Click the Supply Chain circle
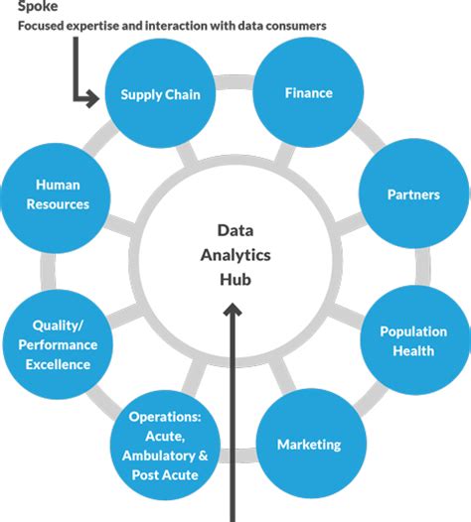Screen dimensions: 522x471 [x=161, y=95]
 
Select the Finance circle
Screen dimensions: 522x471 [x=308, y=93]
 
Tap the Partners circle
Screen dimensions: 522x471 [x=413, y=195]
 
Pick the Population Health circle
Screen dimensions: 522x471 [x=413, y=340]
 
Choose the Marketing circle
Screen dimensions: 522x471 [x=308, y=444]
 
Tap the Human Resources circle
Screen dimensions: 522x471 [x=58, y=195]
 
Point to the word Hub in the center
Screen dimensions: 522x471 [x=235, y=280]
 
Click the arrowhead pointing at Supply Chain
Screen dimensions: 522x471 [x=93, y=97]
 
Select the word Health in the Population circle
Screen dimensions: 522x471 [x=413, y=350]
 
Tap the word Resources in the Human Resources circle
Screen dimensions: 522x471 [x=58, y=204]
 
